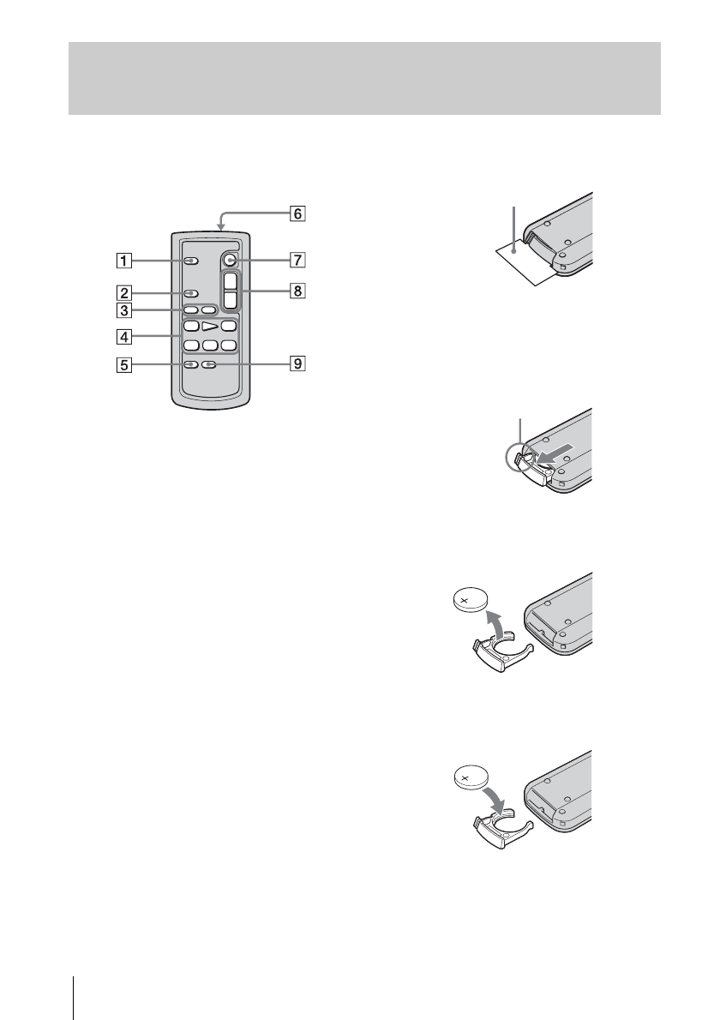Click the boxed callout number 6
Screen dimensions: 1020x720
coord(296,214)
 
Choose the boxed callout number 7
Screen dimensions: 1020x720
coord(296,258)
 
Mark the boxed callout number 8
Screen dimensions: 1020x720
coord(296,291)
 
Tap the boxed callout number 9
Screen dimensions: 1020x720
coord(296,364)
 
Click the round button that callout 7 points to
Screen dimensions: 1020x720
coord(229,258)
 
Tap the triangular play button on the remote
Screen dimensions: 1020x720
coord(208,327)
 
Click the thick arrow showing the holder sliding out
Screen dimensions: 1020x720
coord(549,449)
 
